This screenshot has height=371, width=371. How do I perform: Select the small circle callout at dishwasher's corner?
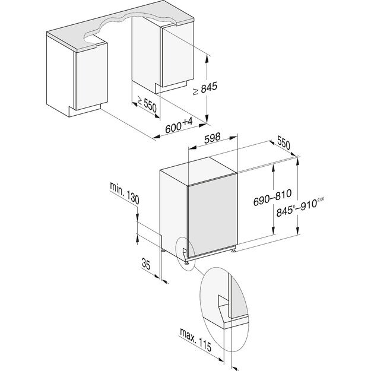[188, 252]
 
